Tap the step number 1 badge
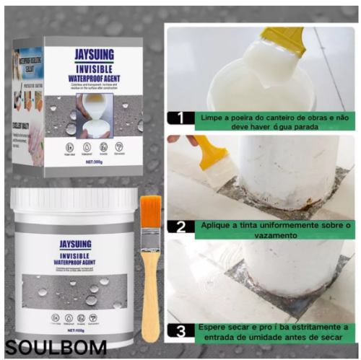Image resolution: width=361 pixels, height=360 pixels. (x=180, y=118)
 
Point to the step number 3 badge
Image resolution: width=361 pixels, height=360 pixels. (x=180, y=332)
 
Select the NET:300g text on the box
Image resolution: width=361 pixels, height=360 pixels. (x=96, y=164)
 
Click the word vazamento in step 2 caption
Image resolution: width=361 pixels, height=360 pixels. (x=218, y=236)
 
